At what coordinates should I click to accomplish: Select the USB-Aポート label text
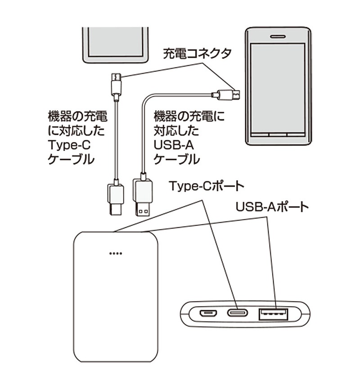(272, 207)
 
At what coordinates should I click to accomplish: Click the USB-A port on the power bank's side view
(273, 313)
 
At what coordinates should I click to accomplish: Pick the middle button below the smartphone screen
(277, 134)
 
